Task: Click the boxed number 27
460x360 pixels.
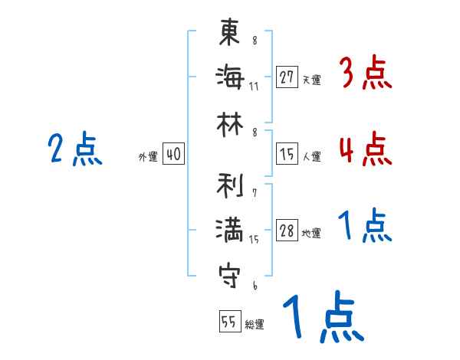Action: click(x=287, y=77)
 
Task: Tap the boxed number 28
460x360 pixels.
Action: click(x=287, y=231)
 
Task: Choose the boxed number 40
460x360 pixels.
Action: click(x=173, y=155)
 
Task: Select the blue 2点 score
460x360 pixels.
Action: click(x=74, y=149)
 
